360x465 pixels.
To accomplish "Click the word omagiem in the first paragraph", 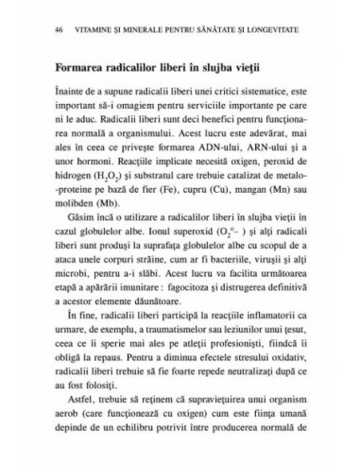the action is point(140,107).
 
